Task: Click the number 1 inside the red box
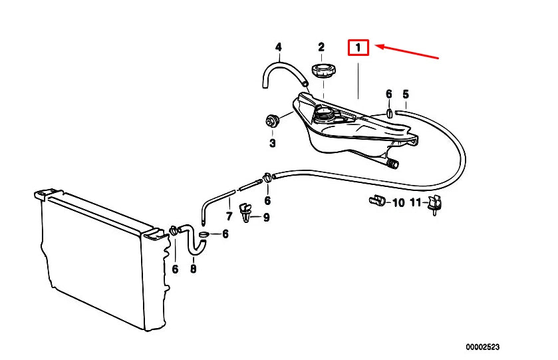pyautogui.click(x=358, y=47)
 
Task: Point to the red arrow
pyautogui.click(x=407, y=51)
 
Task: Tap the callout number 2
pyautogui.click(x=321, y=47)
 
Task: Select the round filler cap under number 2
pyautogui.click(x=324, y=70)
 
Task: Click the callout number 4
pyautogui.click(x=278, y=47)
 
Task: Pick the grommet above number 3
pyautogui.click(x=273, y=120)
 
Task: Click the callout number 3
pyautogui.click(x=273, y=143)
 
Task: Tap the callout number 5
pyautogui.click(x=406, y=94)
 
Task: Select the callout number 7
pyautogui.click(x=229, y=216)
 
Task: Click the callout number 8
pyautogui.click(x=193, y=268)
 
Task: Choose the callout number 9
pyautogui.click(x=266, y=217)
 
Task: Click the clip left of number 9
pyautogui.click(x=245, y=212)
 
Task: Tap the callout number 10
pyautogui.click(x=398, y=202)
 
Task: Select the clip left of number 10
pyautogui.click(x=377, y=201)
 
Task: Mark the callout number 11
pyautogui.click(x=415, y=202)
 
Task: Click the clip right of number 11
pyautogui.click(x=435, y=205)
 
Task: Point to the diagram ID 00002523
pyautogui.click(x=483, y=347)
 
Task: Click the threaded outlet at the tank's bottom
pyautogui.click(x=392, y=164)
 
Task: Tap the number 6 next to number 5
pyautogui.click(x=388, y=94)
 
